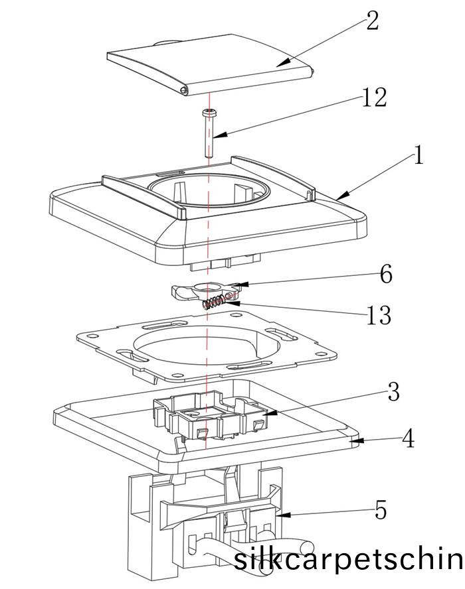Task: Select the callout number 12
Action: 374,98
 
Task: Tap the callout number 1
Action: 418,157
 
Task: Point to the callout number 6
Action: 385,274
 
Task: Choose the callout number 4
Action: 408,438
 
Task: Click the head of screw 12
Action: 210,112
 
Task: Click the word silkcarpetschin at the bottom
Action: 348,560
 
